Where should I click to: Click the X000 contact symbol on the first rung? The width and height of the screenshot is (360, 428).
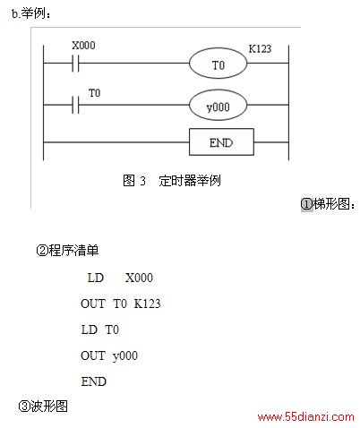click(x=75, y=63)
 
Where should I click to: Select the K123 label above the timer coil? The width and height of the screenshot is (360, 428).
click(x=260, y=48)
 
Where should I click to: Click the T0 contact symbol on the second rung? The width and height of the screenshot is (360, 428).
click(x=75, y=105)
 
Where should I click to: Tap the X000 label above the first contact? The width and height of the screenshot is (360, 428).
click(x=83, y=46)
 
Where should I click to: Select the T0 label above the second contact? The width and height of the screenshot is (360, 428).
click(x=95, y=93)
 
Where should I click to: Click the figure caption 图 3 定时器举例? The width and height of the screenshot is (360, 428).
click(x=172, y=181)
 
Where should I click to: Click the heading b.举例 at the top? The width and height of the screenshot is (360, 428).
click(x=31, y=13)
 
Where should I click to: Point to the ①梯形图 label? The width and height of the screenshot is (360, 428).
click(x=328, y=204)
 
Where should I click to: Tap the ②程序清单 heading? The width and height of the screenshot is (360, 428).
click(x=67, y=250)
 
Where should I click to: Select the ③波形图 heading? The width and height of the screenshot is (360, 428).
click(x=43, y=406)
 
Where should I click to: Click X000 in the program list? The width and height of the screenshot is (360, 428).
click(x=139, y=278)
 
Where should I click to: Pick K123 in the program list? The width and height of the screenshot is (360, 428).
click(x=147, y=304)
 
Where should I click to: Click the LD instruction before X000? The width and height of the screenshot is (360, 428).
click(x=96, y=278)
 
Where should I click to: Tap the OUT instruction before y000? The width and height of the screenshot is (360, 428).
click(x=93, y=355)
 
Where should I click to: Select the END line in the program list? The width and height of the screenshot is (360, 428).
click(x=94, y=381)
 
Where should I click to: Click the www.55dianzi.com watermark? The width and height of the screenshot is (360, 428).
click(x=306, y=416)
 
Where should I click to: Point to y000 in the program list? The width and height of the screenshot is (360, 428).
click(x=125, y=356)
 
